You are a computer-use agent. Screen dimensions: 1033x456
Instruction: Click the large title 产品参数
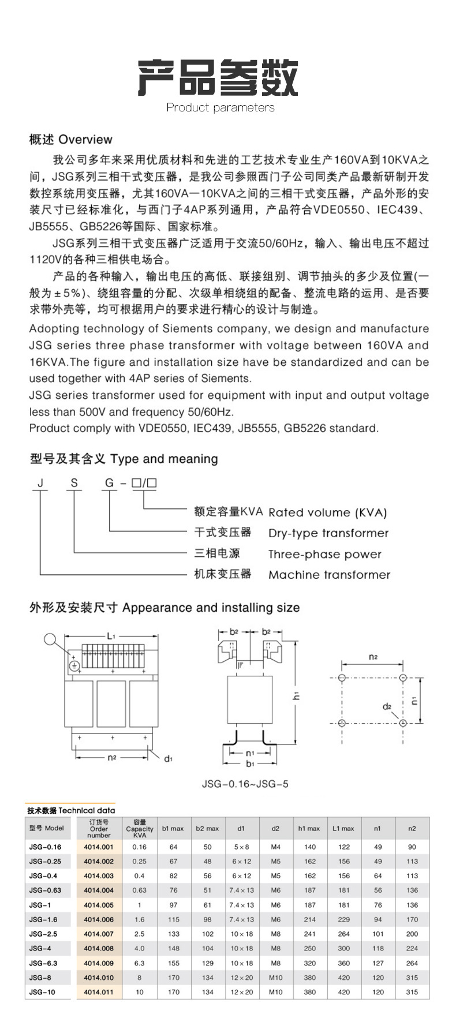point(218,77)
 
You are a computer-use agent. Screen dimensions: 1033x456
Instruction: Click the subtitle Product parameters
point(220,107)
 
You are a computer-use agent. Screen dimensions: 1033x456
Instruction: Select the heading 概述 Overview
point(71,139)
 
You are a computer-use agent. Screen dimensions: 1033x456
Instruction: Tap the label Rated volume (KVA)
point(327,512)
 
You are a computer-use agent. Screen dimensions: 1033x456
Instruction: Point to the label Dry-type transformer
point(328,533)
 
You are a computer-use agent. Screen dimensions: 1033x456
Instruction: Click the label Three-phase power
point(325,554)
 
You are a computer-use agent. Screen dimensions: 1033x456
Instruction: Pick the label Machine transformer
point(329,575)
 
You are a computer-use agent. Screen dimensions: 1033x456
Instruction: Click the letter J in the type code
point(40,483)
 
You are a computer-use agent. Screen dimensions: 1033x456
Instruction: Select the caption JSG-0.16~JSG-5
point(245,784)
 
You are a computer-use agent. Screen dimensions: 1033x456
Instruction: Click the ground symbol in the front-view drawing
point(74,666)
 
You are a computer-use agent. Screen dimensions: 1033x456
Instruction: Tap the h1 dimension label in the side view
point(297,696)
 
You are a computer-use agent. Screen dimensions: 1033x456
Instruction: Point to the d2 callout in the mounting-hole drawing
point(387,706)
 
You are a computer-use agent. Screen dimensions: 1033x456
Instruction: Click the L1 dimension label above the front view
point(111,635)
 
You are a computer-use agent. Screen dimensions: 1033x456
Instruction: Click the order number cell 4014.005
point(99,905)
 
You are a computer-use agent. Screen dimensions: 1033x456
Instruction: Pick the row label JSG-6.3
point(43,963)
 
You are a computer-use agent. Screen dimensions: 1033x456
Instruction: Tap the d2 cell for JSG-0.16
point(275,847)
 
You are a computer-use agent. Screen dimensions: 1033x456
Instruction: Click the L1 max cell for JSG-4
point(343,948)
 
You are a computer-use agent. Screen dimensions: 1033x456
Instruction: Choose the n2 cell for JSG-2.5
point(412,934)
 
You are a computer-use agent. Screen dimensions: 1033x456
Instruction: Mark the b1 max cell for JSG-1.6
point(173,919)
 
